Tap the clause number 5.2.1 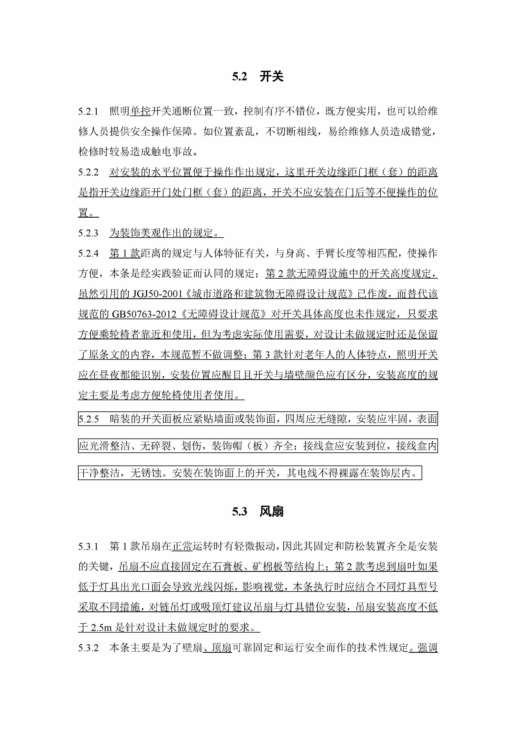click(88, 111)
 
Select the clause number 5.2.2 click(88, 172)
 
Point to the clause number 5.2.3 click(88, 233)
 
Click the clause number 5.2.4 click(88, 253)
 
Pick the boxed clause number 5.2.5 click(89, 419)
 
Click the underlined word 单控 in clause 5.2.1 click(140, 111)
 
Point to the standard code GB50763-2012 click(144, 314)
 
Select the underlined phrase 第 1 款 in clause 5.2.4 click(125, 253)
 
